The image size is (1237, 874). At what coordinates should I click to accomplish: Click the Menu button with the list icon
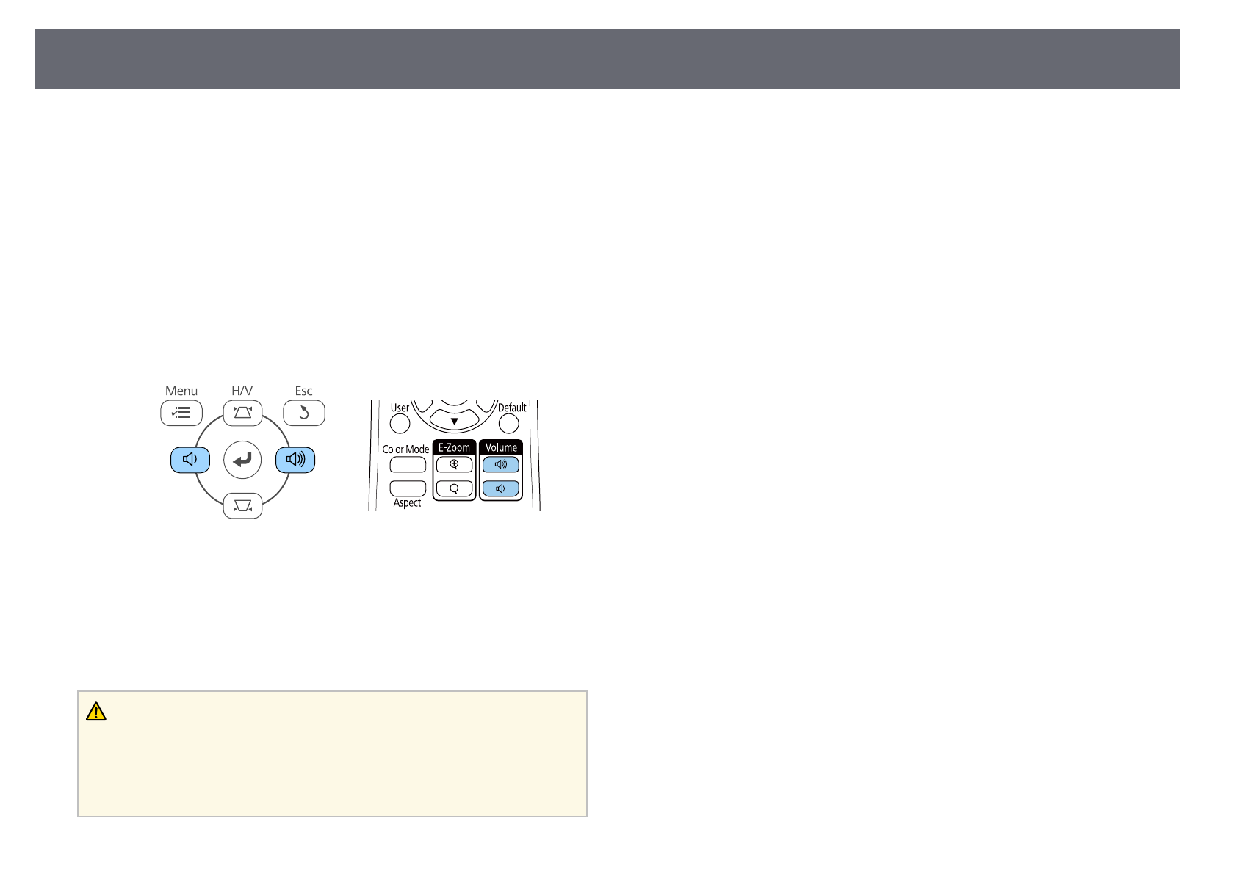(x=181, y=413)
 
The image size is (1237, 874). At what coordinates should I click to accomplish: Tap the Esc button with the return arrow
(x=303, y=413)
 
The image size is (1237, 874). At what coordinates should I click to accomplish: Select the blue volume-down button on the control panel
(x=190, y=461)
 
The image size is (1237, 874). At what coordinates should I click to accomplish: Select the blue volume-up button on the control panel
(x=295, y=461)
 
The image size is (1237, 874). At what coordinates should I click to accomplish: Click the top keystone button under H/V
(x=242, y=412)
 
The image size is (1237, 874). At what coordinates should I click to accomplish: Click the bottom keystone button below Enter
(x=242, y=506)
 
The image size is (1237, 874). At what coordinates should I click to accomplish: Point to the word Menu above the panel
(x=181, y=391)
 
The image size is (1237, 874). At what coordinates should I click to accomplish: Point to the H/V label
(x=242, y=391)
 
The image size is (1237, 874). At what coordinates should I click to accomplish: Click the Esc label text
(x=303, y=391)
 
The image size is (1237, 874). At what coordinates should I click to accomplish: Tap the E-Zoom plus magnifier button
(x=455, y=464)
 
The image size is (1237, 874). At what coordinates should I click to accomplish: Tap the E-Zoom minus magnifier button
(x=455, y=488)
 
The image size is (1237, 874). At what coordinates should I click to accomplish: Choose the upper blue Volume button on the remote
(x=501, y=464)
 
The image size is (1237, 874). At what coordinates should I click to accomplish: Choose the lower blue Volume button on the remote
(x=501, y=488)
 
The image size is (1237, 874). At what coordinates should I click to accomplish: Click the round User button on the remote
(x=400, y=424)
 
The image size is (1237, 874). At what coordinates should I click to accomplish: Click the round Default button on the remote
(x=508, y=424)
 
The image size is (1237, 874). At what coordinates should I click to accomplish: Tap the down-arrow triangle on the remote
(x=454, y=422)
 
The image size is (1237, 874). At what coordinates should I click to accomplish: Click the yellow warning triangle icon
(x=96, y=712)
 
